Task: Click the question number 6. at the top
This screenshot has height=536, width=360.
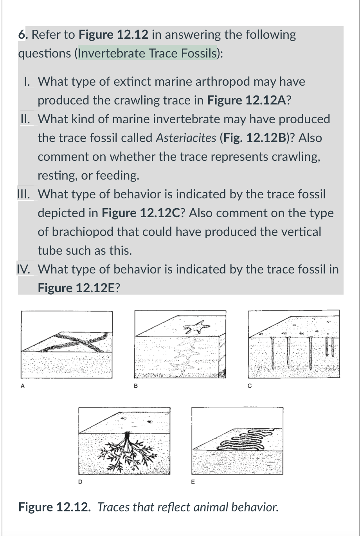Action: pyautogui.click(x=23, y=35)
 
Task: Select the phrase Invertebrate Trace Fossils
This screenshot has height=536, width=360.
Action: pyautogui.click(x=147, y=53)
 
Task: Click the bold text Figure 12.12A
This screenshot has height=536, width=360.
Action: pyautogui.click(x=247, y=100)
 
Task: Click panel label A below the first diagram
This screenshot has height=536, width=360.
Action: pyautogui.click(x=23, y=386)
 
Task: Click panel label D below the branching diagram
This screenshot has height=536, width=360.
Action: pyautogui.click(x=81, y=482)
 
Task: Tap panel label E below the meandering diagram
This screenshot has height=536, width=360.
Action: pyautogui.click(x=193, y=482)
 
